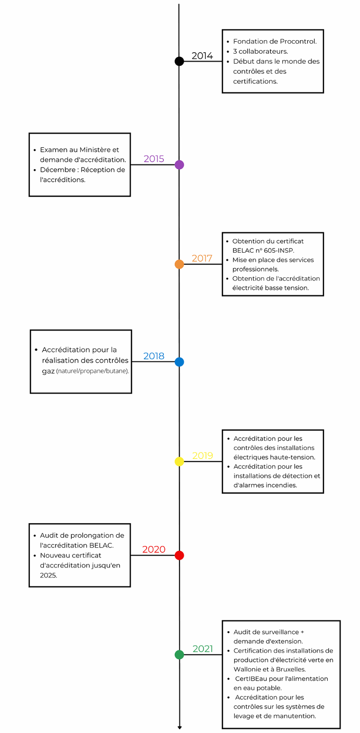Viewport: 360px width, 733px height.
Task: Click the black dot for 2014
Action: (x=179, y=61)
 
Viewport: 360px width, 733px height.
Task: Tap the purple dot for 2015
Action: (x=179, y=164)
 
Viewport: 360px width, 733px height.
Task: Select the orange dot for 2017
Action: (x=179, y=264)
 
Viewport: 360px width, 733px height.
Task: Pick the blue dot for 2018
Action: (x=179, y=362)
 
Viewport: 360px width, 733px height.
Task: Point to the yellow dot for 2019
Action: (x=179, y=462)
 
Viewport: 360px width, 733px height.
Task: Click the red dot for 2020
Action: (x=179, y=555)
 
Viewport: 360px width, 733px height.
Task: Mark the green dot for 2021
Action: (x=179, y=655)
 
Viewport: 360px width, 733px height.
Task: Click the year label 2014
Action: (x=202, y=56)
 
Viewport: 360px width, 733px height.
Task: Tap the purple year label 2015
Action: (x=154, y=159)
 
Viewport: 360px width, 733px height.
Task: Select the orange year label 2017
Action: (x=202, y=258)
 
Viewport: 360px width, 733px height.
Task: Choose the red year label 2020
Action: (x=154, y=549)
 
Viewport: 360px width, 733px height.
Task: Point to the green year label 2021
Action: (x=203, y=649)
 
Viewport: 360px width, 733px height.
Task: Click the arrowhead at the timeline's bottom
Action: (x=179, y=728)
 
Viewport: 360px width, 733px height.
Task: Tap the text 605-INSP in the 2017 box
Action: (x=279, y=251)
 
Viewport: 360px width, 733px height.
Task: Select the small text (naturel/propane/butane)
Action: (x=92, y=371)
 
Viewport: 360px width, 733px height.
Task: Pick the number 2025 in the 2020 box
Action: (x=49, y=575)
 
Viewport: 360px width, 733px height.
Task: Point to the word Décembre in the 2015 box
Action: (x=58, y=170)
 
